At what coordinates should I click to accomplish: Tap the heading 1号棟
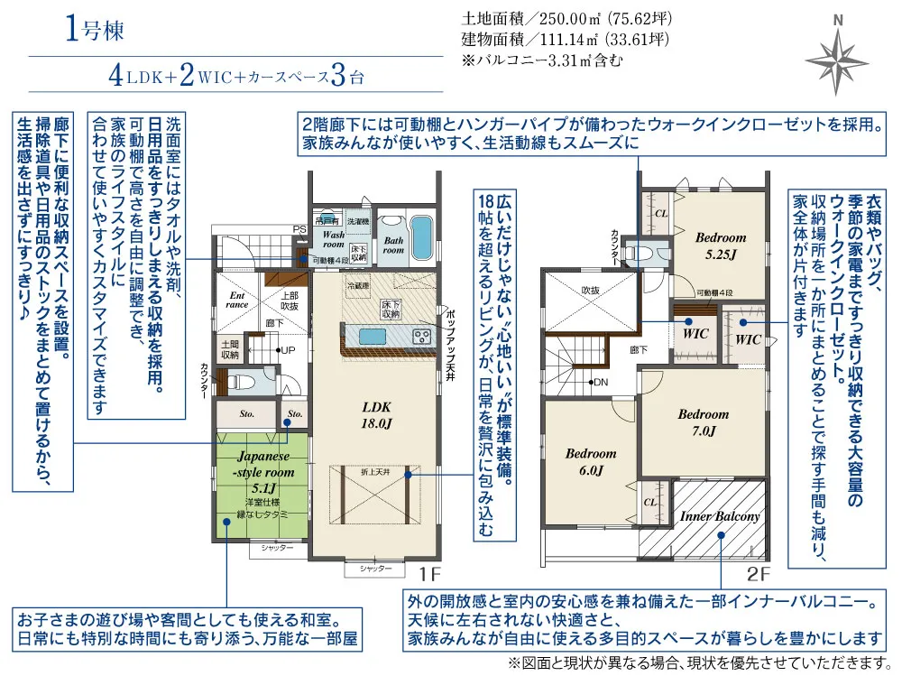pyautogui.click(x=93, y=30)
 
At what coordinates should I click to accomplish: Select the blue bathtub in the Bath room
pyautogui.click(x=421, y=237)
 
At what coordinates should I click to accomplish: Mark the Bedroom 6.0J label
pyautogui.click(x=591, y=461)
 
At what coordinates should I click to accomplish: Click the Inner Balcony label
pyautogui.click(x=719, y=517)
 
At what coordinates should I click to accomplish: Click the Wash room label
pyautogui.click(x=334, y=239)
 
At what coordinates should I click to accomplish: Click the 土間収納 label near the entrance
pyautogui.click(x=229, y=349)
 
